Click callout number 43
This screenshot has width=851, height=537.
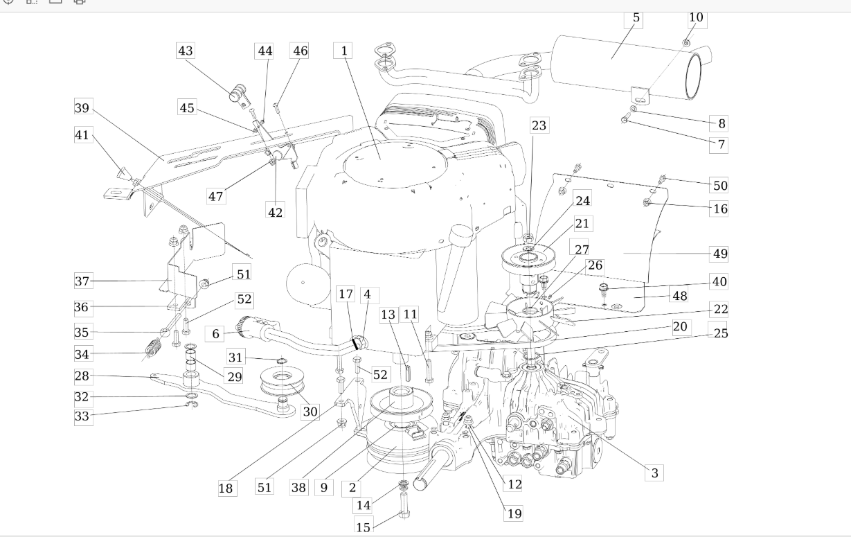tap(186, 51)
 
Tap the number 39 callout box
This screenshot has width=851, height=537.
tap(84, 107)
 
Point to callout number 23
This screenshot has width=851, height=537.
tap(539, 125)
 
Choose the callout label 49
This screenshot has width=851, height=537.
tap(719, 254)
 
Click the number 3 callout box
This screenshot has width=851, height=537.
tap(654, 473)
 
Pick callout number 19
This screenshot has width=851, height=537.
tap(514, 513)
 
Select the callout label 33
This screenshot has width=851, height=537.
tap(83, 416)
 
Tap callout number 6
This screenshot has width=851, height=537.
tap(215, 334)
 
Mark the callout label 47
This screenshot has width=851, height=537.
tap(216, 197)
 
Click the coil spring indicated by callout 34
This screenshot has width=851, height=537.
tap(154, 348)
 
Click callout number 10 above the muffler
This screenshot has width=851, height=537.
tap(697, 18)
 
